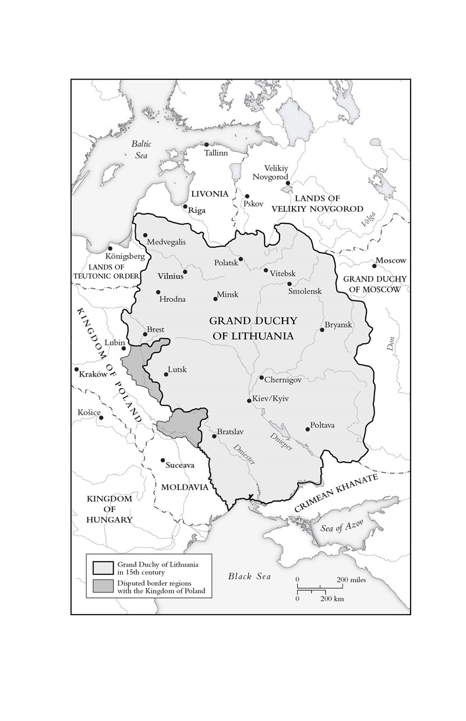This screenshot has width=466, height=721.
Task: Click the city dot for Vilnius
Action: [x=185, y=272]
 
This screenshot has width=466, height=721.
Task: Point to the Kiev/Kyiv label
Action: [x=271, y=399]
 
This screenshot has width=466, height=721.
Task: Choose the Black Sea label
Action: [x=249, y=576]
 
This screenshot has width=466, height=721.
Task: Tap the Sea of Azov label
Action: [x=341, y=528]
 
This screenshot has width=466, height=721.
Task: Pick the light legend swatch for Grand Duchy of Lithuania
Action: [x=103, y=567]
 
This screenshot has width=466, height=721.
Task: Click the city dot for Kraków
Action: [x=76, y=370]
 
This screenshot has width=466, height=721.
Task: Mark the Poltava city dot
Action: [x=308, y=429]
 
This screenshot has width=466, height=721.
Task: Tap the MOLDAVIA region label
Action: [x=185, y=486]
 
